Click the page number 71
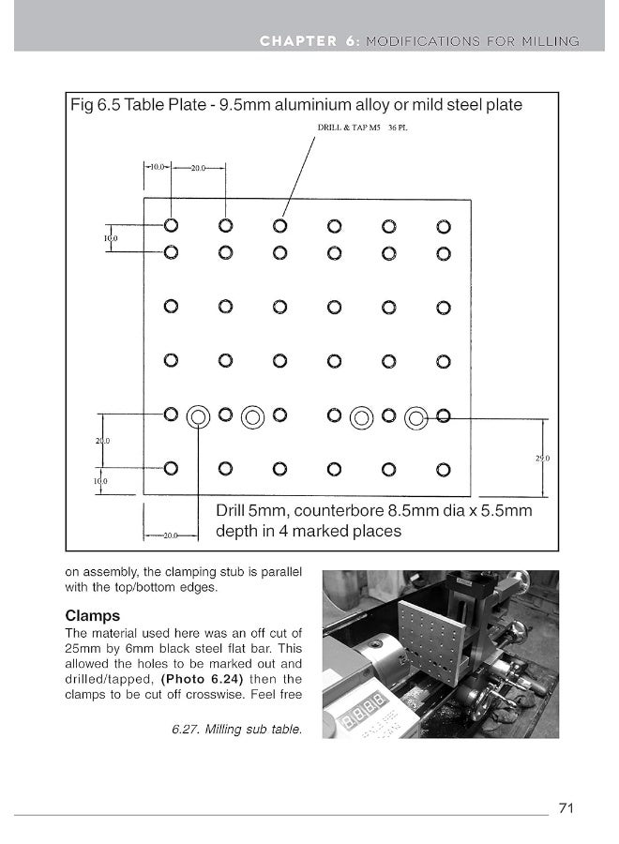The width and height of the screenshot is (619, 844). pos(566,808)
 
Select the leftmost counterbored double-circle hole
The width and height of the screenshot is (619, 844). pos(198,415)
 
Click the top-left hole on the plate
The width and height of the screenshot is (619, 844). pos(171,225)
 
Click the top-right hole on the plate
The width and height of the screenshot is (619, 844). pos(444,226)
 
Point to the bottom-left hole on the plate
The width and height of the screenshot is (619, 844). pos(171,468)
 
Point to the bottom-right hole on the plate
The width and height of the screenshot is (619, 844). pos(444,469)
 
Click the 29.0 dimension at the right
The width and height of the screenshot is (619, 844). pos(543,459)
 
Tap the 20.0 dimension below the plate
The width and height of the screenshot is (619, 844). pos(170,535)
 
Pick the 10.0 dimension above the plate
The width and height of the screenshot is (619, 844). pos(157,167)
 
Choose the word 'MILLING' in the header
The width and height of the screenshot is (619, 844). pos(550,40)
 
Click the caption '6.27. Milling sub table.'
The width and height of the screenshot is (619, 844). pos(237,729)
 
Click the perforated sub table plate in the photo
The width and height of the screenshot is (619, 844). pos(430,641)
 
